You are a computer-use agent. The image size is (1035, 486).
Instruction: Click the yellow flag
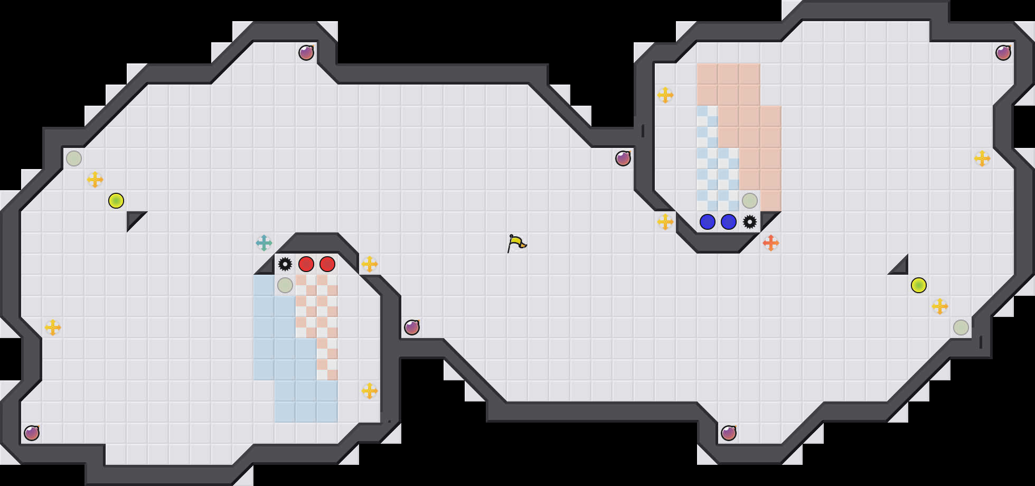pos(516,243)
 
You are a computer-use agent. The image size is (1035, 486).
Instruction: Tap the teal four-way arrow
pos(264,243)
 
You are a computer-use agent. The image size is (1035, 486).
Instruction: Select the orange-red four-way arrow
pos(771,243)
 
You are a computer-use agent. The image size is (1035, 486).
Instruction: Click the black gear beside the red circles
pos(285,264)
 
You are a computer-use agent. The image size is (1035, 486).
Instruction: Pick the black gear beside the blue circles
pos(750,222)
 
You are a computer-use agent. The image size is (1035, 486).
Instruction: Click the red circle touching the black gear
pos(306,264)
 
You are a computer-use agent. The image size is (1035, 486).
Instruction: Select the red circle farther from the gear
pos(327,264)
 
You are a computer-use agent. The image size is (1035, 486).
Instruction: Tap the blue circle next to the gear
pos(729,222)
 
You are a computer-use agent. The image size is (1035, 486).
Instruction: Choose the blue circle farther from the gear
pos(708,222)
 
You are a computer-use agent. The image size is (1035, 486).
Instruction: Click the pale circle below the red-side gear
pos(285,285)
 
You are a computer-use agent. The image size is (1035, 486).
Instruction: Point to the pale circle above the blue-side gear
pos(750,201)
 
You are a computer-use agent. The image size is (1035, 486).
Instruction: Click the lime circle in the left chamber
pos(116,201)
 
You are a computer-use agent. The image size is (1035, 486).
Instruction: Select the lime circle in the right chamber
pos(919,285)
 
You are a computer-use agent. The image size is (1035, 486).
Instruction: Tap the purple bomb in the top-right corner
pos(1003,53)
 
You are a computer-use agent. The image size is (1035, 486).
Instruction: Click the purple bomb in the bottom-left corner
pos(32,433)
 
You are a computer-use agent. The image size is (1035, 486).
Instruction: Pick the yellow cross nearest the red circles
pos(370,264)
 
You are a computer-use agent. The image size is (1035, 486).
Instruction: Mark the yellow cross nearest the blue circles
pos(665,222)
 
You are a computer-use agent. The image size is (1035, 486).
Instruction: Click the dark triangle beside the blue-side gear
pos(767,218)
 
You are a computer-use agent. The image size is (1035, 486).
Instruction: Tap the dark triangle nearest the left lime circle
pos(134,218)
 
